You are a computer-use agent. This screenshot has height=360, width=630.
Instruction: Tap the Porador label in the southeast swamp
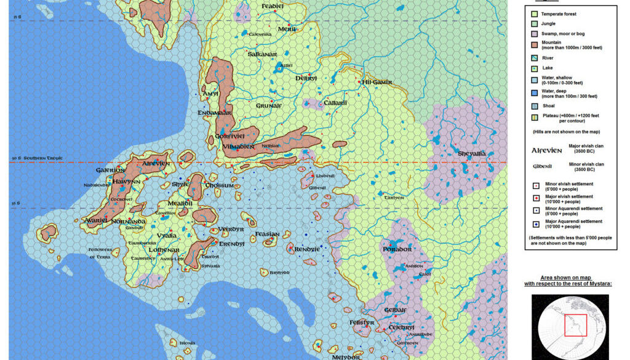(397, 249)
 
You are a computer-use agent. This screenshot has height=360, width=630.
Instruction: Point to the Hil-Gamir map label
(377, 82)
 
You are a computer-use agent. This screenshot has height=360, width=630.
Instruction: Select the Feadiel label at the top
(273, 6)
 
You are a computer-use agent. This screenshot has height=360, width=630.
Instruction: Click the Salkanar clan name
(262, 54)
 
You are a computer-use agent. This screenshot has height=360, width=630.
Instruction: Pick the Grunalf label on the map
(268, 105)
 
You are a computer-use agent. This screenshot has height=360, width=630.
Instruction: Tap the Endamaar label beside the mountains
(215, 113)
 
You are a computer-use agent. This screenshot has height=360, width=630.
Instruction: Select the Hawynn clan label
(127, 182)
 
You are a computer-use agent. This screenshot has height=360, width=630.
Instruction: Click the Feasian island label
(267, 234)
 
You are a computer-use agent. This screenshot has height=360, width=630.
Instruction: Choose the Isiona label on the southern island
(186, 343)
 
